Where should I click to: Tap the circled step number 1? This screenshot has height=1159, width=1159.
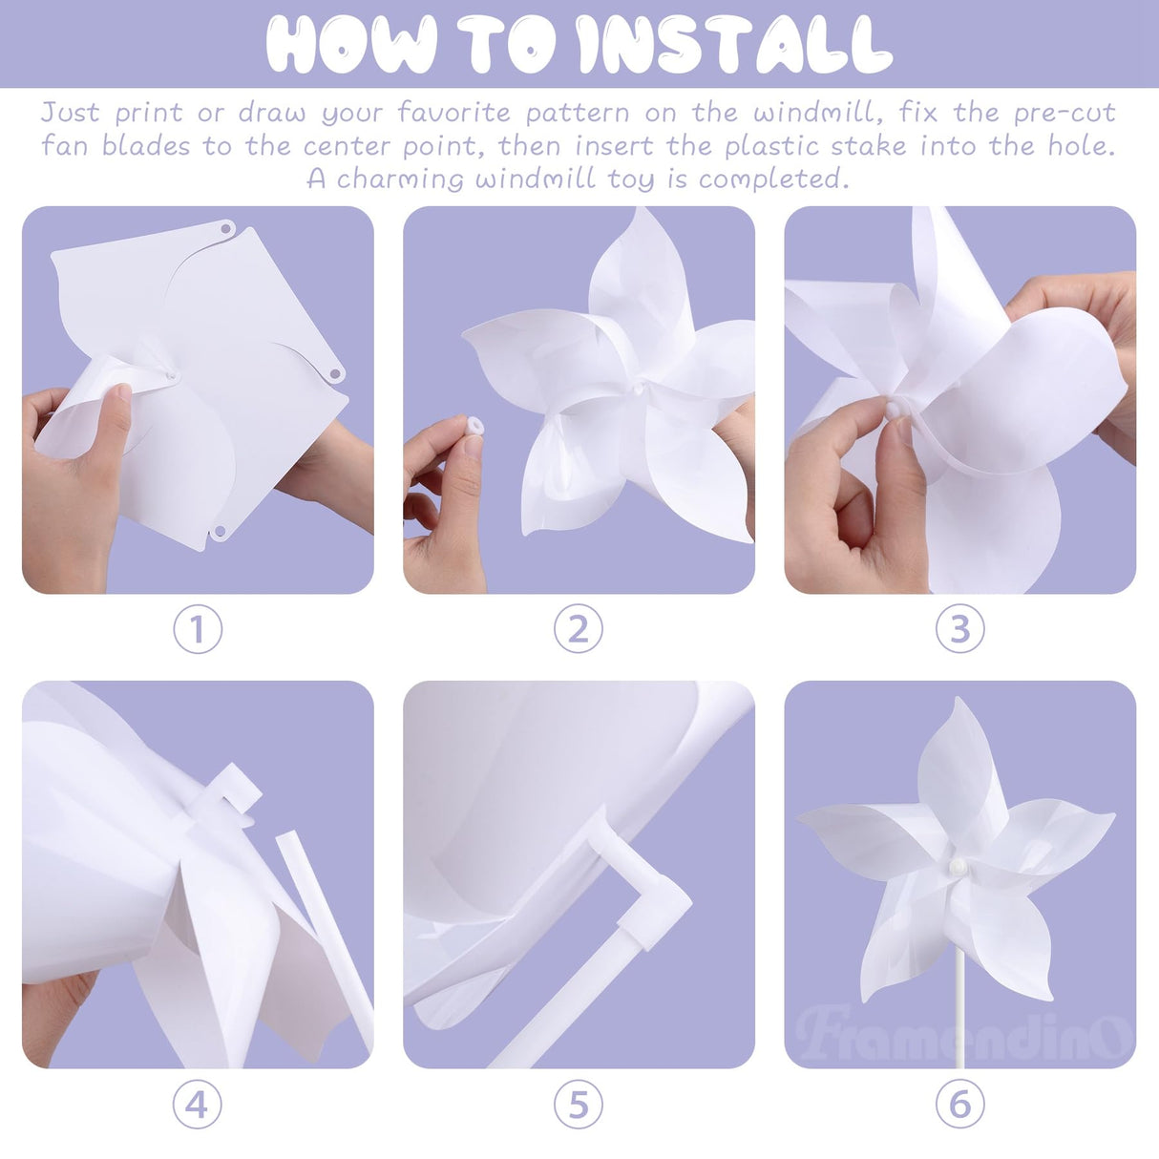pos(198,629)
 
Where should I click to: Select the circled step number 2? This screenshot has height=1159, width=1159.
pos(579,629)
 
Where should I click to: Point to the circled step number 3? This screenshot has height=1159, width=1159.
pos(959,629)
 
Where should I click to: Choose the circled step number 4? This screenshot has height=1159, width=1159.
pos(198,1105)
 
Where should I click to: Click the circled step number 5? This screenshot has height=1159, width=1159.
pos(579,1105)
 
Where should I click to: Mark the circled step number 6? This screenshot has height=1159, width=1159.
pos(959,1105)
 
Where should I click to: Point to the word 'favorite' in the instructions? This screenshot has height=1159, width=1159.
pos(453,113)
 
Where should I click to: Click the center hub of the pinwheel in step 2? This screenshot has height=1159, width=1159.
pos(633,389)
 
